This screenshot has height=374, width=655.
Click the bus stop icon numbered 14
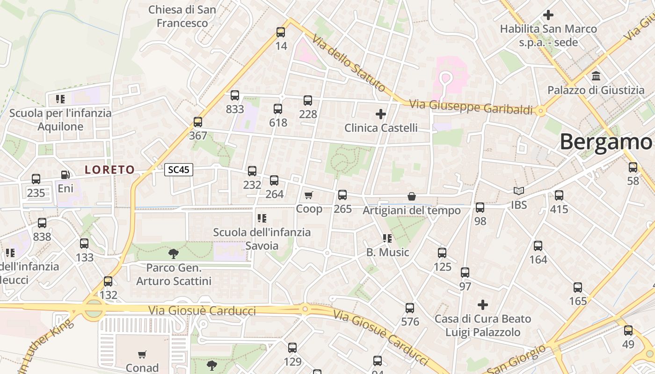click(x=280, y=32)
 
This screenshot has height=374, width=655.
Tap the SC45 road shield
click(x=179, y=170)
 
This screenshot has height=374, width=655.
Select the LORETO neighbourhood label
click(x=110, y=170)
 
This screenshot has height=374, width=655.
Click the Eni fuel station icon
click(x=65, y=175)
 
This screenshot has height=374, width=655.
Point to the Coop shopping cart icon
click(x=308, y=195)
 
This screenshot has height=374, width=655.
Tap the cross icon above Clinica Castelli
click(x=381, y=114)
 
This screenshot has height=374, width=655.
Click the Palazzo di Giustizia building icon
click(x=596, y=76)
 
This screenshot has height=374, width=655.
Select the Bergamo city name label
click(x=606, y=142)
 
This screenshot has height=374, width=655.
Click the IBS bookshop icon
click(x=518, y=191)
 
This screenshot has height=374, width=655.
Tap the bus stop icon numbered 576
click(x=410, y=308)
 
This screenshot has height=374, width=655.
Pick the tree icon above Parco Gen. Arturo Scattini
click(x=174, y=254)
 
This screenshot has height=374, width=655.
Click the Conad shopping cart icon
click(x=142, y=354)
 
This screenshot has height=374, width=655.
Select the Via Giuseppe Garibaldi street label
click(x=471, y=107)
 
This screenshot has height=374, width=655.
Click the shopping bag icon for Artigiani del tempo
click(x=412, y=196)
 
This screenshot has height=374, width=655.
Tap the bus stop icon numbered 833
click(x=235, y=95)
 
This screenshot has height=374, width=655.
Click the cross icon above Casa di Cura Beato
click(x=483, y=305)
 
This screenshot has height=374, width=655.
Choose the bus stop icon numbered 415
click(x=559, y=195)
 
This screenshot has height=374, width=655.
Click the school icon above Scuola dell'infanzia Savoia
click(x=262, y=218)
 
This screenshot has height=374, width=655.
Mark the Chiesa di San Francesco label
click(x=182, y=16)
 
